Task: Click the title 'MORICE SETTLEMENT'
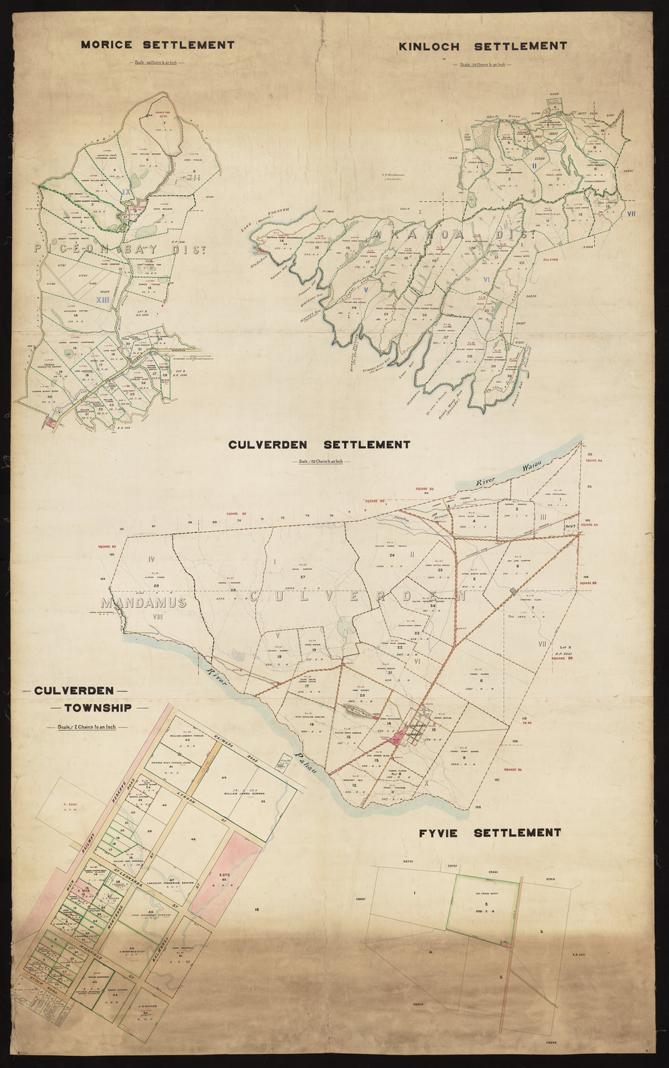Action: (x=157, y=45)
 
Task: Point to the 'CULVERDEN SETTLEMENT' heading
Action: (x=318, y=445)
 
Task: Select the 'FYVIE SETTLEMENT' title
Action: (x=490, y=833)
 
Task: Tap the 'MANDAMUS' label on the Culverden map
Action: (x=149, y=603)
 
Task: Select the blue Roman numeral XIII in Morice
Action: (x=102, y=301)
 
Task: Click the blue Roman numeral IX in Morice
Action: (x=127, y=192)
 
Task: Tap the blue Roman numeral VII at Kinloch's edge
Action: (x=632, y=214)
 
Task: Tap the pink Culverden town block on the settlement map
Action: (x=402, y=738)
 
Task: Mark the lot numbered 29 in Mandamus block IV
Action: (x=156, y=586)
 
